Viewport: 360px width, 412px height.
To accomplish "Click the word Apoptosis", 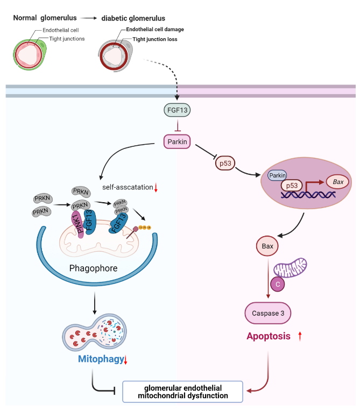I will pyautogui.click(x=269, y=337).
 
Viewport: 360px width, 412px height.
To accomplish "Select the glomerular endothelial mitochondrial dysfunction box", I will pyautogui.click(x=183, y=391).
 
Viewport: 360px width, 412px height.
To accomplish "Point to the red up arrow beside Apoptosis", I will pyautogui.click(x=300, y=337).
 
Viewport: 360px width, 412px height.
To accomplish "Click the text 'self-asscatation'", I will pyautogui.click(x=127, y=188).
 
